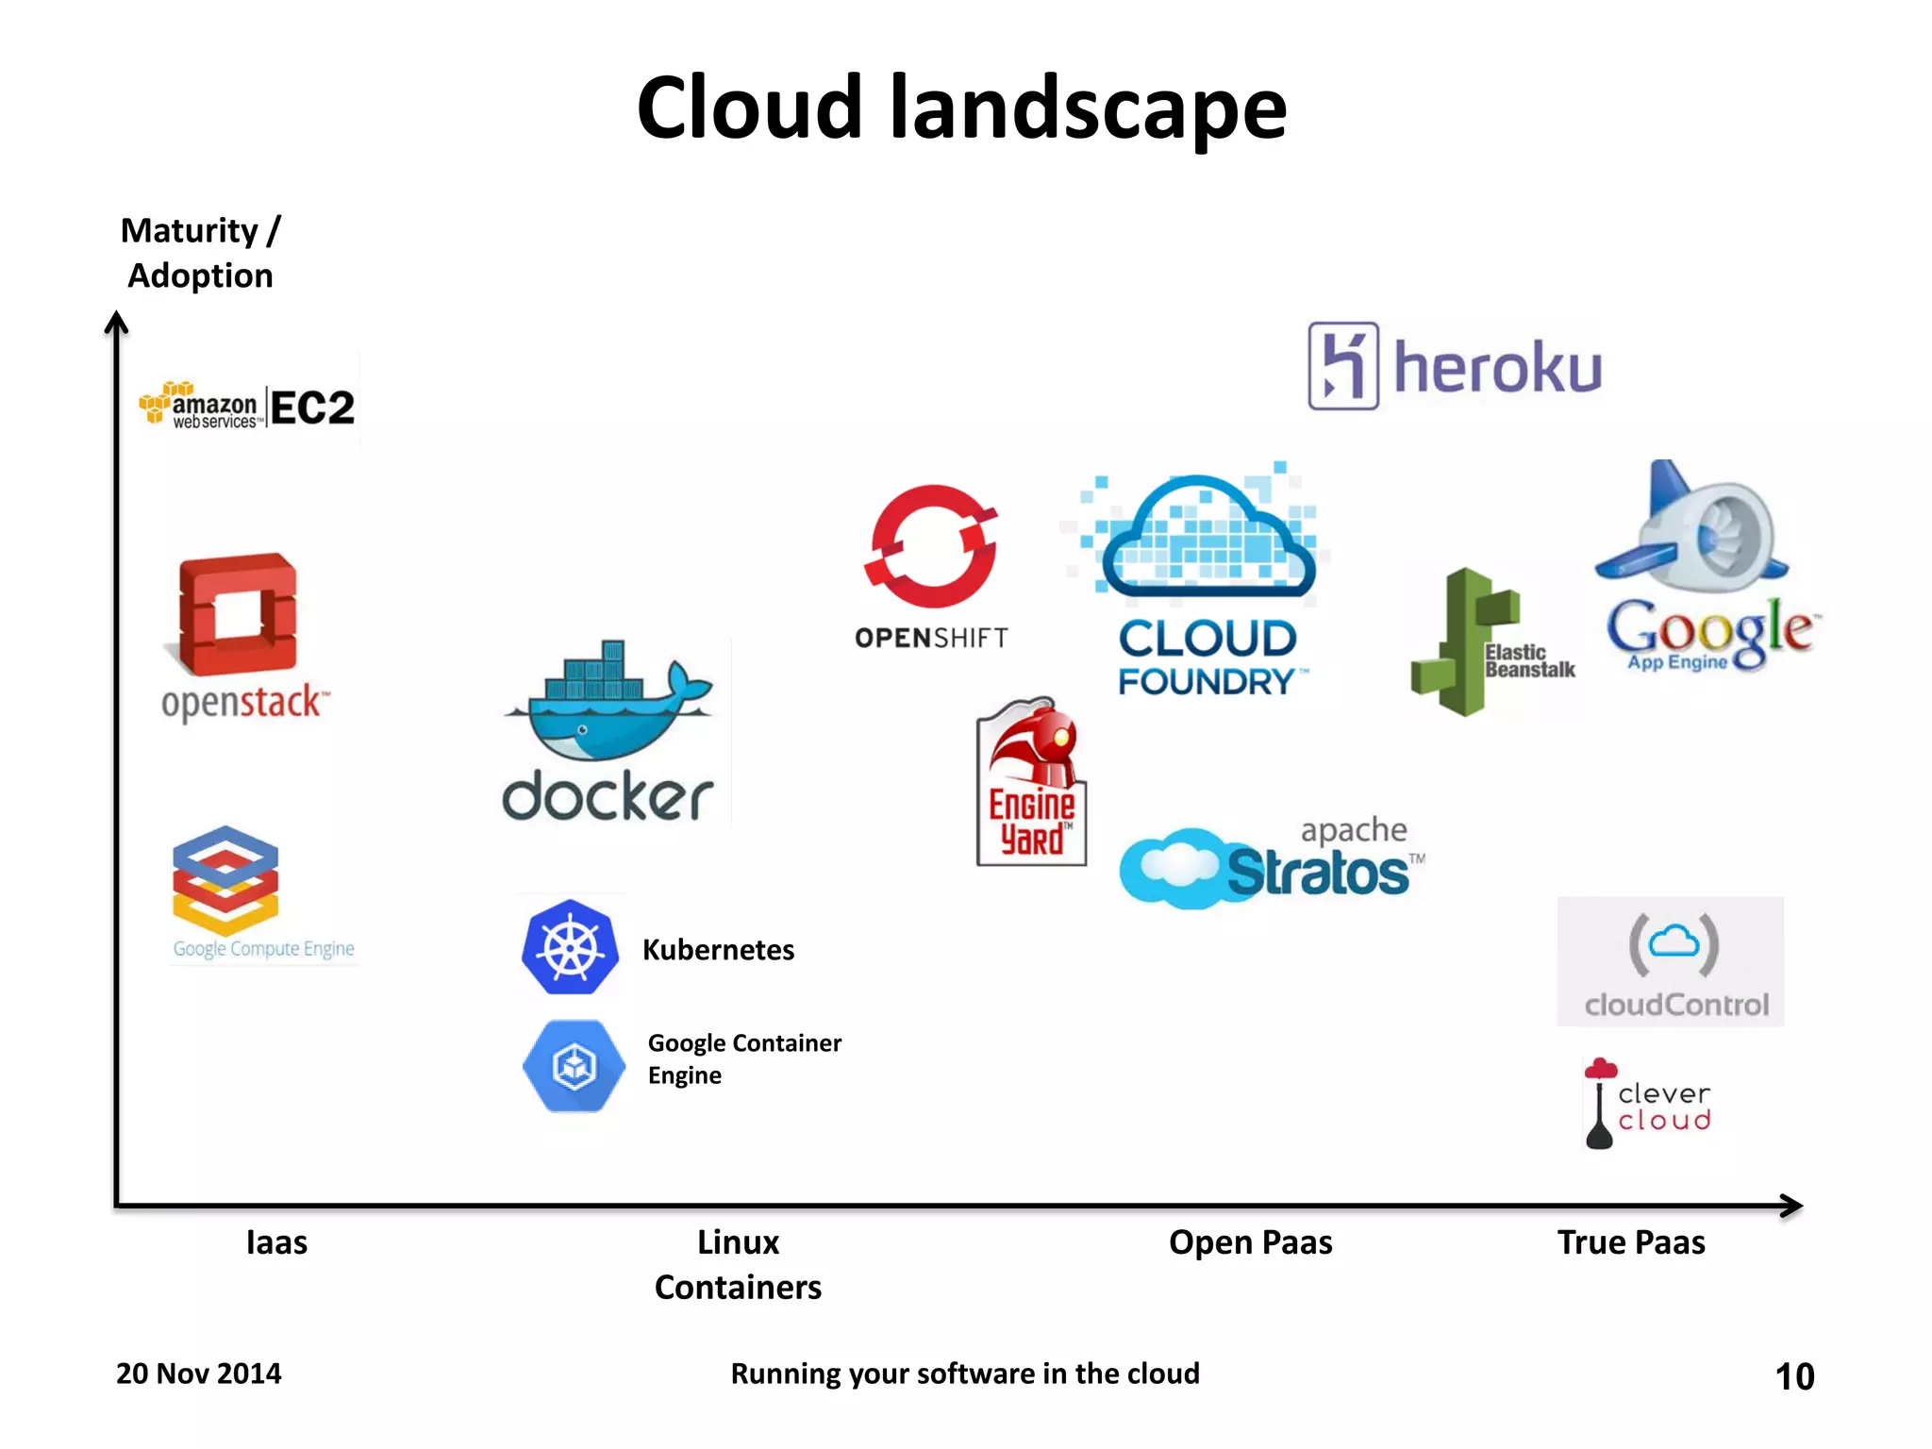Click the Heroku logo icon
pos(1343,366)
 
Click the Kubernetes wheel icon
pos(570,947)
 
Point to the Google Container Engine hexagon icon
pos(574,1066)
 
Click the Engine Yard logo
pos(1031,782)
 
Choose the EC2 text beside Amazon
pos(312,408)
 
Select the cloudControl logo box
pos(1670,961)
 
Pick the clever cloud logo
pos(1647,1104)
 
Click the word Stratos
pos(1318,873)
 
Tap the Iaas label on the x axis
pos(276,1242)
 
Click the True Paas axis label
pos(1631,1242)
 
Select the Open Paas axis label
pos(1250,1242)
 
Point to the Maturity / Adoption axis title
pos(200,253)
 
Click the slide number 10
pos(1794,1376)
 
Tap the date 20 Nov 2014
pos(198,1374)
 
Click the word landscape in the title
pos(1088,108)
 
